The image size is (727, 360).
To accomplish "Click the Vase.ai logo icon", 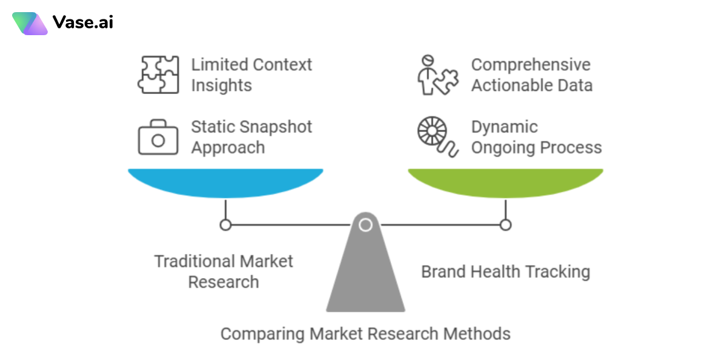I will coord(30,23).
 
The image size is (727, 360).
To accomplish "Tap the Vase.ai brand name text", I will coord(82,23).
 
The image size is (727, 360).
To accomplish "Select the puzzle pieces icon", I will coord(158,75).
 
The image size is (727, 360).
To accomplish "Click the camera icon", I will coord(158,139).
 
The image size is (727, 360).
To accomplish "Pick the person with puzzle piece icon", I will coord(436,75).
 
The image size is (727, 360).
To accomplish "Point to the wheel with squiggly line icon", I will coord(434,138).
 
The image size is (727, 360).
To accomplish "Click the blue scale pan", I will coord(225,183).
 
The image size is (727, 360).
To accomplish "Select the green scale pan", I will coord(505,183).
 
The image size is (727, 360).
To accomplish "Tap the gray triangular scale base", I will coord(365,273).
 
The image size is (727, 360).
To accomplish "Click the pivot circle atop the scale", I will coord(365,225).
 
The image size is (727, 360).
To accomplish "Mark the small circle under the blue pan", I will coord(225,225).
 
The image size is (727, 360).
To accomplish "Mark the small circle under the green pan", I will coord(505,225).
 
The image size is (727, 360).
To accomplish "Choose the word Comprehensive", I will coord(531,65).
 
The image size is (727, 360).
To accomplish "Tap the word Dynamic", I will coord(504,127).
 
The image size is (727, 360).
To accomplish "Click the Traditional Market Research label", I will coord(224,272).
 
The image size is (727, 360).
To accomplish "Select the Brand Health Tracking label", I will coord(505,272).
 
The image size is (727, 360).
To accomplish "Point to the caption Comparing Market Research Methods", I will coord(365,333).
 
